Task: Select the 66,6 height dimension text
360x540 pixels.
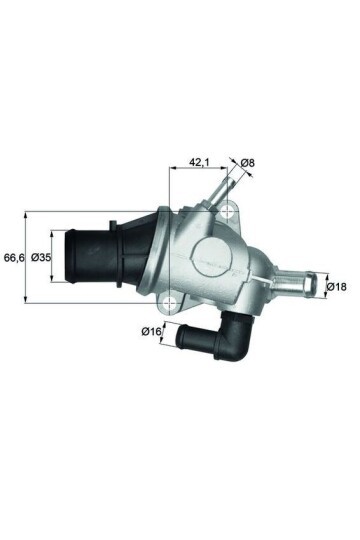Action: pyautogui.click(x=13, y=257)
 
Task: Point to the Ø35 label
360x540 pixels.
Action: pyautogui.click(x=41, y=257)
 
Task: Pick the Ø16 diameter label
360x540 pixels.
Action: pyautogui.click(x=152, y=330)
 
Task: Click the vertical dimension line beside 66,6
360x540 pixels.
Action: pyautogui.click(x=26, y=257)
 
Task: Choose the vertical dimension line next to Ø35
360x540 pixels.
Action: pyautogui.click(x=55, y=257)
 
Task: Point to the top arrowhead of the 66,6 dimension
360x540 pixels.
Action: pyautogui.click(x=26, y=214)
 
